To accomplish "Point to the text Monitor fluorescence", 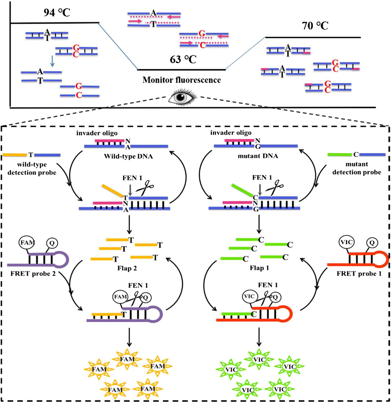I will point(182,80).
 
